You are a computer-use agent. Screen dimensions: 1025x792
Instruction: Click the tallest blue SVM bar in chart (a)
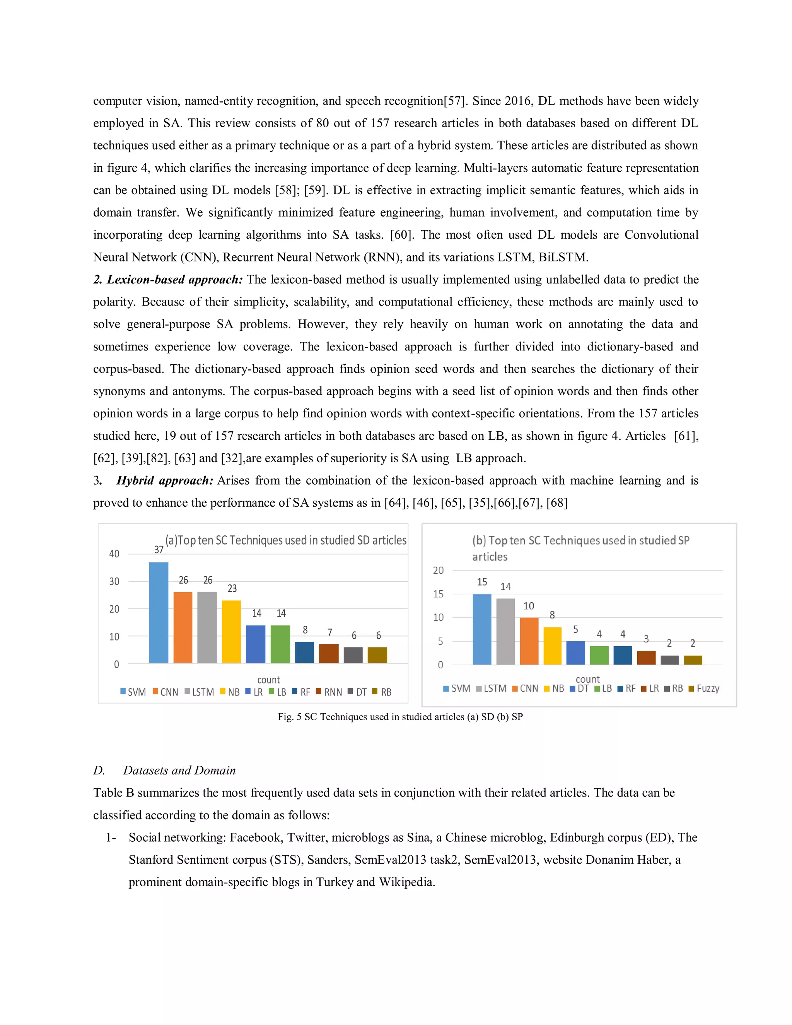pos(159,612)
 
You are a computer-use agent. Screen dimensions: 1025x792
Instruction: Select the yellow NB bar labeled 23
pos(231,631)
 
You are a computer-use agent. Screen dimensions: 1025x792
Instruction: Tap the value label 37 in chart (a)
pos(159,550)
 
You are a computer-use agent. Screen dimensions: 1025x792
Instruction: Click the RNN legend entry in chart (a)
pos(329,692)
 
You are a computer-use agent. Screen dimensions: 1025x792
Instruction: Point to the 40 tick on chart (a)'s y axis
pos(114,554)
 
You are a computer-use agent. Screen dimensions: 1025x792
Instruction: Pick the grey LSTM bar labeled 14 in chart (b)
pos(505,631)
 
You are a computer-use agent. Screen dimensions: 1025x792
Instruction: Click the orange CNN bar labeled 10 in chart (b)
pos(529,641)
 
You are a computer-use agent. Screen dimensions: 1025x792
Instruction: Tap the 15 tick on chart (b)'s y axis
pos(438,594)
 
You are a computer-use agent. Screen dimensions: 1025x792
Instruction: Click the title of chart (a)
pos(286,540)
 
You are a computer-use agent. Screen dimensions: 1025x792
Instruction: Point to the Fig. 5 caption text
pos(400,717)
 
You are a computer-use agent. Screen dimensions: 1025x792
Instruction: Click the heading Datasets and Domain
pos(179,770)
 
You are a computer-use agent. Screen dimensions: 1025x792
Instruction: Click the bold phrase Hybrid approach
pos(165,480)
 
